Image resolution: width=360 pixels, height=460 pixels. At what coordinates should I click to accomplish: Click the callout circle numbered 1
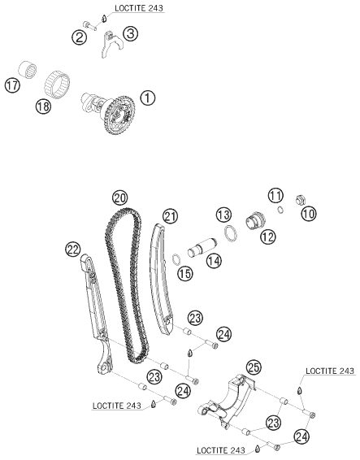tap(148, 98)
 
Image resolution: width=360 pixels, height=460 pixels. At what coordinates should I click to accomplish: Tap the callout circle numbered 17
tap(12, 85)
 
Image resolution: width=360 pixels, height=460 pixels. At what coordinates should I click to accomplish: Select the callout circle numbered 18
tap(43, 106)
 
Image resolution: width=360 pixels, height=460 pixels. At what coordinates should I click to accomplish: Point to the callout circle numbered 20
tap(120, 198)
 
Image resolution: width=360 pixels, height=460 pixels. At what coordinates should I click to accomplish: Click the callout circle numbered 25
tap(254, 367)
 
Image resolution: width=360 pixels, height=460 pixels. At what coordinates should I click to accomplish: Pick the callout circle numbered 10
tap(308, 213)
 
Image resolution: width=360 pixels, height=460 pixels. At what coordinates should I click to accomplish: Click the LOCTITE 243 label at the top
tap(139, 8)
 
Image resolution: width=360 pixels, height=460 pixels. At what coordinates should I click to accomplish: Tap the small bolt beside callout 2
tap(89, 25)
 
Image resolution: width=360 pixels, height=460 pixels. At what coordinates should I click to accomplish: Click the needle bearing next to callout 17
tap(28, 70)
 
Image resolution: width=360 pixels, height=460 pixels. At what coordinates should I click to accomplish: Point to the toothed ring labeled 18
tap(57, 84)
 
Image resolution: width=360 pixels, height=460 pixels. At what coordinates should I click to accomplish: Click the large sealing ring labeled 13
tap(231, 233)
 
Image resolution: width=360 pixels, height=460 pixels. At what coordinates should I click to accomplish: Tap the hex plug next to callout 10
tap(300, 200)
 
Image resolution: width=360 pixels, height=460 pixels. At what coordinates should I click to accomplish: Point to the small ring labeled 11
tap(280, 210)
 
